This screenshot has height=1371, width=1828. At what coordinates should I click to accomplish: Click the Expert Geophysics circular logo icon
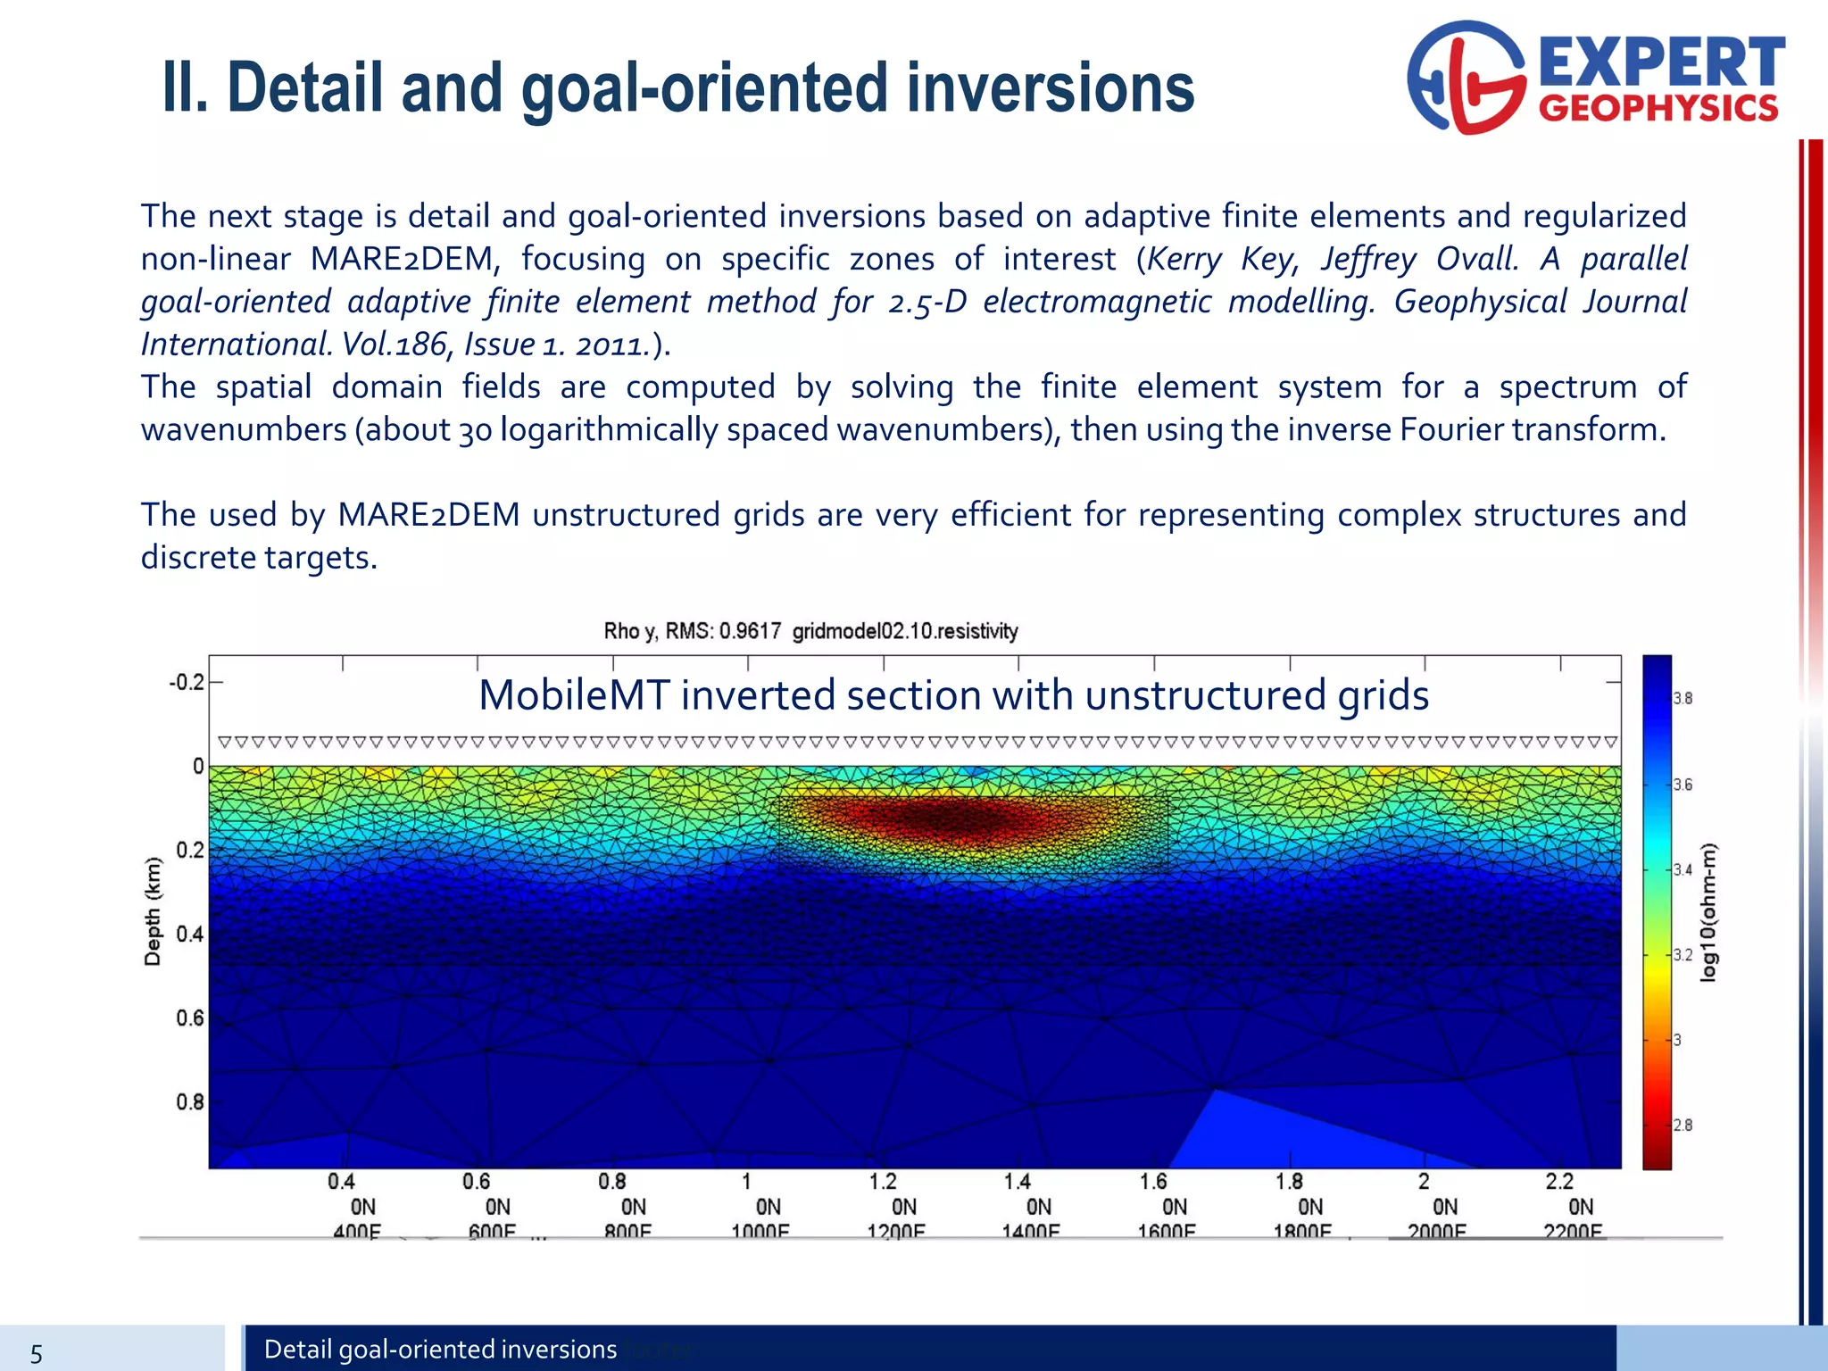click(x=1466, y=78)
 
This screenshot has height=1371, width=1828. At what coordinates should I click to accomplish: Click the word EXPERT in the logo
click(x=1661, y=62)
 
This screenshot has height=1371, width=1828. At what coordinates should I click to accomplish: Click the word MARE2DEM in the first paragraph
click(x=403, y=259)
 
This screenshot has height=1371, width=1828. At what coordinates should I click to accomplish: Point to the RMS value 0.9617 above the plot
click(x=750, y=632)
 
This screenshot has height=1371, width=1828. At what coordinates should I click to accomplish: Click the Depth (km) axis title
click(x=154, y=910)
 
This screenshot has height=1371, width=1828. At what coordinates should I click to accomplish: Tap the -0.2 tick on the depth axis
click(x=186, y=683)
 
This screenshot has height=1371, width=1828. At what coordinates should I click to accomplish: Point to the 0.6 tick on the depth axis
click(x=189, y=1018)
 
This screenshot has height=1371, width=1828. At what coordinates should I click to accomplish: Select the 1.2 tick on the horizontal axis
click(x=883, y=1182)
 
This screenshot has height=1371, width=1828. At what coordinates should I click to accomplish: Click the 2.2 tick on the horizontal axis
click(x=1559, y=1182)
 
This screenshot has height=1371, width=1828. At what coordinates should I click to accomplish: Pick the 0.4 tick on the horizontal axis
click(x=341, y=1182)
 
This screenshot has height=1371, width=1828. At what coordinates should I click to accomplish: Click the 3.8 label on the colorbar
click(x=1683, y=699)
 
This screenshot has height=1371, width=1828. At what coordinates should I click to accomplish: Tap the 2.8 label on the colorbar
click(x=1683, y=1126)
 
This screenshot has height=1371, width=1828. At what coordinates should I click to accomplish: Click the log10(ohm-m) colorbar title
click(x=1708, y=912)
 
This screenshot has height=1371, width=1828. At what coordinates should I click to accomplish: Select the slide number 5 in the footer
click(x=36, y=1354)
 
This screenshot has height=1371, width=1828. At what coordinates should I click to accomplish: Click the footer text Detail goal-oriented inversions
click(x=440, y=1349)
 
